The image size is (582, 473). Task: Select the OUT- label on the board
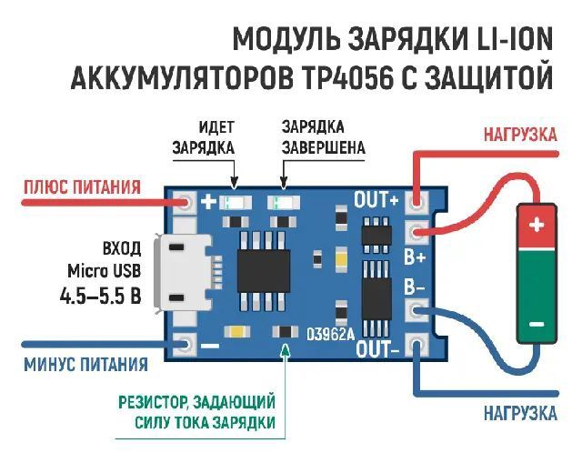(378, 348)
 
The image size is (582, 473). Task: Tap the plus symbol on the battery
(537, 224)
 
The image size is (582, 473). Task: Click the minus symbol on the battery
(537, 323)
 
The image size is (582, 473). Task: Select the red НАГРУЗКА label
(520, 135)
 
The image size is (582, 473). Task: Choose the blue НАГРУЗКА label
(520, 414)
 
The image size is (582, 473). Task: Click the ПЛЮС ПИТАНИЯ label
(82, 188)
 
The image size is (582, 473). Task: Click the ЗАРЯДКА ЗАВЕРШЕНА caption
(323, 136)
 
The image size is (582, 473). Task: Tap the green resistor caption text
(196, 411)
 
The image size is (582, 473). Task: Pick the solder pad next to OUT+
(417, 200)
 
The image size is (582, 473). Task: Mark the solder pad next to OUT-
(417, 345)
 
